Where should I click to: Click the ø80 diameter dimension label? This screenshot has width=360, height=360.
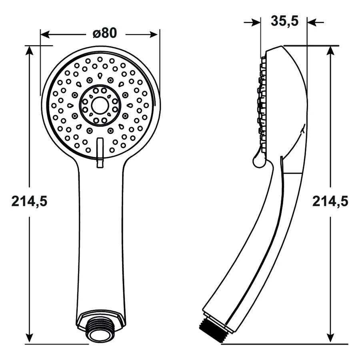(105, 33)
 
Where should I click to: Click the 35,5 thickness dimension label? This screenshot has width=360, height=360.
(285, 21)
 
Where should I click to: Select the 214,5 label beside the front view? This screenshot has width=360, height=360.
(29, 202)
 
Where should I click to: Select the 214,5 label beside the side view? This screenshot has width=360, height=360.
(330, 202)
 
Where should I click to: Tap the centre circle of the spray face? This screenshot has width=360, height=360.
(100, 105)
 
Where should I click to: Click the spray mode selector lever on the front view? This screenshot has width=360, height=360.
(100, 153)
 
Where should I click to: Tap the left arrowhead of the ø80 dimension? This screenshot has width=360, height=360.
(45, 35)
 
